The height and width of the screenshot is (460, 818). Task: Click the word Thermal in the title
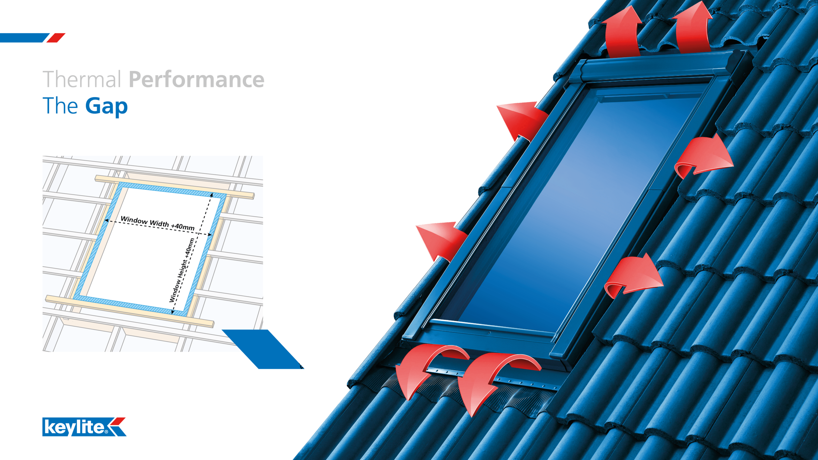tap(82, 79)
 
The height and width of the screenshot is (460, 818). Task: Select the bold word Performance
tap(196, 80)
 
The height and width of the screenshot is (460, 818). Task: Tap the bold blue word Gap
tap(106, 106)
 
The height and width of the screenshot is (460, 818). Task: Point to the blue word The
tap(60, 106)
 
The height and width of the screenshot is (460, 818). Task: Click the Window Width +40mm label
tap(157, 224)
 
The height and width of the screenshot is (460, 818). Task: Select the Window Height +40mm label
tap(182, 270)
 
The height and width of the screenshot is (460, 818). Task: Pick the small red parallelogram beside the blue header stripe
tap(56, 38)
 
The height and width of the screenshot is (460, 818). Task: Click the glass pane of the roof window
tap(576, 211)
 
